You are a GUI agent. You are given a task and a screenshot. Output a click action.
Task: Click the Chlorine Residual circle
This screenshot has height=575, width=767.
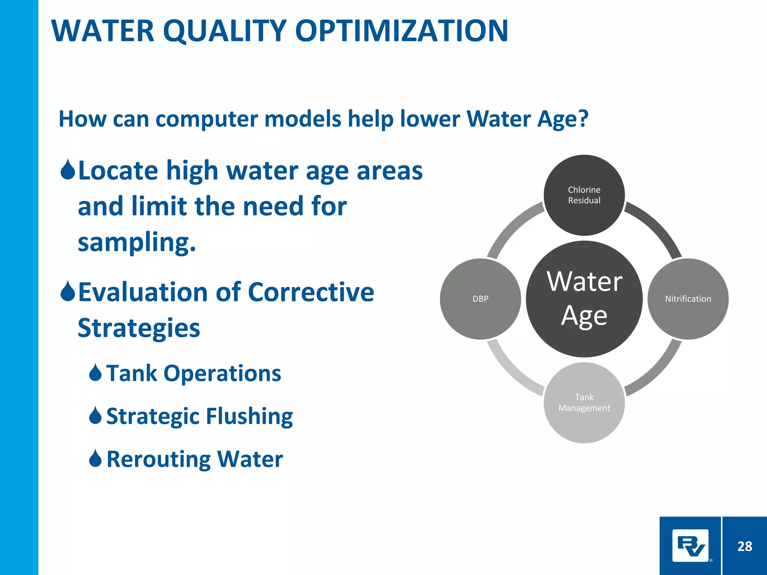pyautogui.click(x=584, y=195)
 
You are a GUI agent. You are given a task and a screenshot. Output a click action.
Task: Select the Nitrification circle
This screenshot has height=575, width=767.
pyautogui.click(x=688, y=299)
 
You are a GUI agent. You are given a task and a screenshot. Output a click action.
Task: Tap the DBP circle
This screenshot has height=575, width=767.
pyautogui.click(x=480, y=299)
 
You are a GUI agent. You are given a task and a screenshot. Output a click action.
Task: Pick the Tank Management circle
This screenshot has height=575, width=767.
pyautogui.click(x=584, y=403)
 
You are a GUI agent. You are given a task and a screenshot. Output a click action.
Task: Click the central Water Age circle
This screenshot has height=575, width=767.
pyautogui.click(x=584, y=299)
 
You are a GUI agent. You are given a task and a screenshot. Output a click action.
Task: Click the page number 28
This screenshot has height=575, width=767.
pyautogui.click(x=745, y=546)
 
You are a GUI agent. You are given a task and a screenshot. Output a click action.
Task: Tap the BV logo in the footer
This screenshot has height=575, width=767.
pyautogui.click(x=691, y=545)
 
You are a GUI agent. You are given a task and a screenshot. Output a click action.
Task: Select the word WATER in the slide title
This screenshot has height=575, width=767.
pyautogui.click(x=103, y=31)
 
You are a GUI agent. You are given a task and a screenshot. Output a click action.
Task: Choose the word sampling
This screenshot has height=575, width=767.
pyautogui.click(x=137, y=243)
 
